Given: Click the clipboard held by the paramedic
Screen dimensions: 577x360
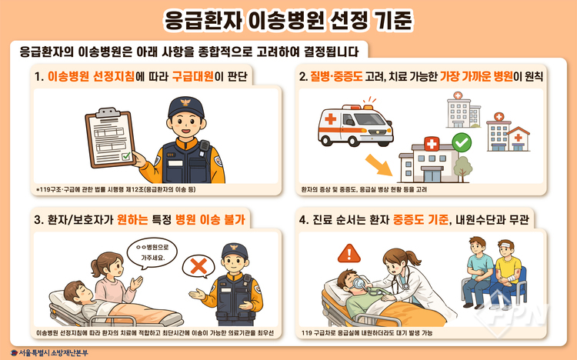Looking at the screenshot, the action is click(110, 137).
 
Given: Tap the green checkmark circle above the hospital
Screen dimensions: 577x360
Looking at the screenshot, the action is click(462, 142).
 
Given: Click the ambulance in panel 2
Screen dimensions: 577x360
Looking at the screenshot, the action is click(355, 125).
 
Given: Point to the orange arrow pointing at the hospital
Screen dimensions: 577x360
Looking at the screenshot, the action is click(379, 165).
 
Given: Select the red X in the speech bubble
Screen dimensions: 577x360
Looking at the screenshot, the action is click(198, 266).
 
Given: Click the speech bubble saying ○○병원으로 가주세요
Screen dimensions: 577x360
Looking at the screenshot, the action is click(152, 253).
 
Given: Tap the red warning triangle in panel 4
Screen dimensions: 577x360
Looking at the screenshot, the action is click(349, 254).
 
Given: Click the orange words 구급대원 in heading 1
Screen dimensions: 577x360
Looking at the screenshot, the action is click(193, 77).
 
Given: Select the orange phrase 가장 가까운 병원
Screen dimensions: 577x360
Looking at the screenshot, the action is click(476, 77).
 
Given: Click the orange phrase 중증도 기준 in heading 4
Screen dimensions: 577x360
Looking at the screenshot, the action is click(421, 220).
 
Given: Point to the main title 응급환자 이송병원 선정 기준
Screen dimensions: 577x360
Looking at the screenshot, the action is click(288, 21).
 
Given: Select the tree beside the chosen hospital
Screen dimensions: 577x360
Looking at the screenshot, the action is click(462, 169).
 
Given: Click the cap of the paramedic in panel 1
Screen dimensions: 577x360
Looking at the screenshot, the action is click(186, 107).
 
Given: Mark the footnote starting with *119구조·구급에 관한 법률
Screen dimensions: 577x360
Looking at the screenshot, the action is click(116, 189).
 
